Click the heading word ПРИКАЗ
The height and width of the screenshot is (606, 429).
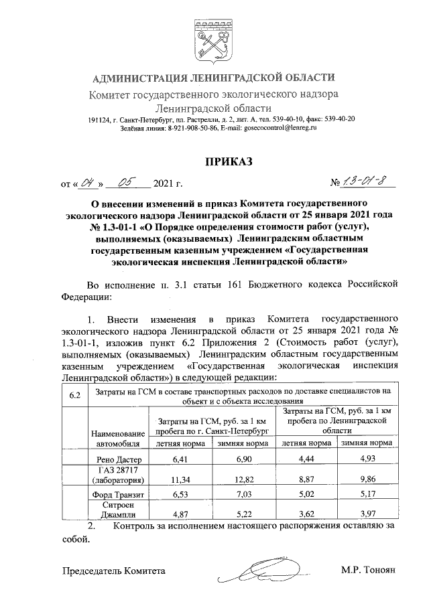click(x=213, y=161)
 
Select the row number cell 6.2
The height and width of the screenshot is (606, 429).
click(x=75, y=394)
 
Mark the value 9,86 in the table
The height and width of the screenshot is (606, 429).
click(x=366, y=479)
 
